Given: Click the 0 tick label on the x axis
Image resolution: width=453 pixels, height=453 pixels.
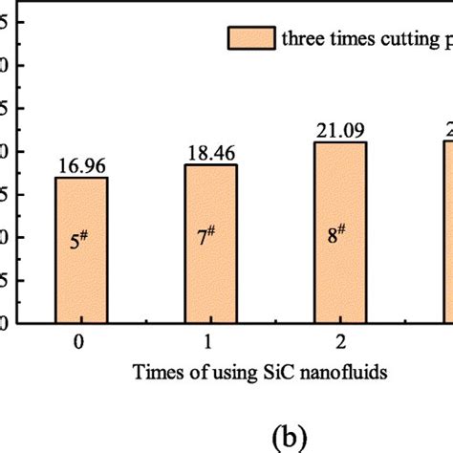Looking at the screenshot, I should tap(81, 340).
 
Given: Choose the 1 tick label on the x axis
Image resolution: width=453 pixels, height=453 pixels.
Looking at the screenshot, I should tap(208, 340).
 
